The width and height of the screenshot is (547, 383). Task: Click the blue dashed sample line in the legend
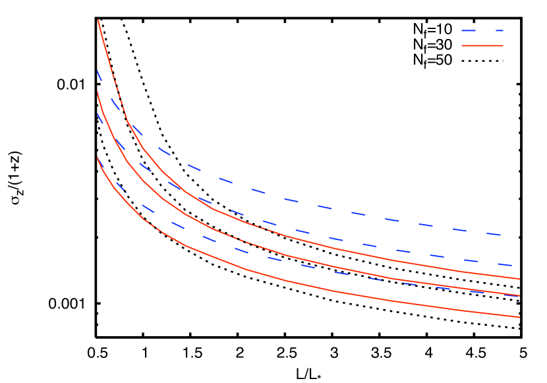482,30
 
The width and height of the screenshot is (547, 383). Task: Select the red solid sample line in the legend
482,45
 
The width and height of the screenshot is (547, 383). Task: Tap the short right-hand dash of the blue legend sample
499,30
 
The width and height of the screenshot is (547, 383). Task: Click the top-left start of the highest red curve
98,20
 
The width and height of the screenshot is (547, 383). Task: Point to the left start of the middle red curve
98,92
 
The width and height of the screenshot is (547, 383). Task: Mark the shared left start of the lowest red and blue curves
98,158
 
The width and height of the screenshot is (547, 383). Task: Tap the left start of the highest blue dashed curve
98,71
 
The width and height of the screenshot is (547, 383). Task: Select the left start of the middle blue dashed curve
98,114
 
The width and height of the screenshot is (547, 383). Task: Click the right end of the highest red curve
519,279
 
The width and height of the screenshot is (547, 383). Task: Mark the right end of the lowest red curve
519,317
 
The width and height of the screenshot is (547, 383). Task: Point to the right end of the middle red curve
519,295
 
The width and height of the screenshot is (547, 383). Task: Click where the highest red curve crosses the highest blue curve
128,121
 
